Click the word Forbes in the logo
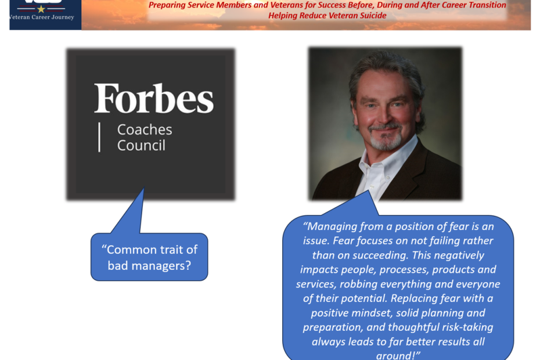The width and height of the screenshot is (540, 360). (154, 98)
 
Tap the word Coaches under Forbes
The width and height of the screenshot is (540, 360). (145, 130)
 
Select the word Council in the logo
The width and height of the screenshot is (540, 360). (141, 145)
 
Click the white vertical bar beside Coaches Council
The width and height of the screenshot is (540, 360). (99, 137)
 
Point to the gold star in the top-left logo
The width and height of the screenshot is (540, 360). (41, 9)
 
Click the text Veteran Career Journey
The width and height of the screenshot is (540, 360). (42, 17)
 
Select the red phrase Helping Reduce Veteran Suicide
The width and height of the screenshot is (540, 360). (327, 16)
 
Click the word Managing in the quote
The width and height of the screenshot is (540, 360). (332, 226)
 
